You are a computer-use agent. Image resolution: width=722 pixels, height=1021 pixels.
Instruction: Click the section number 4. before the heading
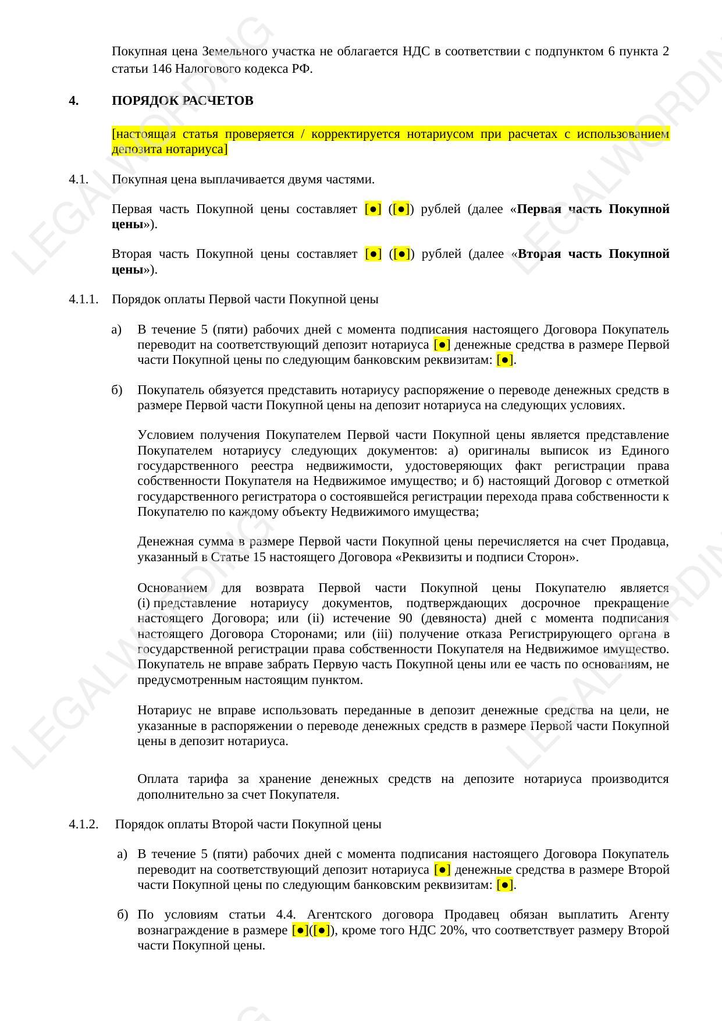(73, 101)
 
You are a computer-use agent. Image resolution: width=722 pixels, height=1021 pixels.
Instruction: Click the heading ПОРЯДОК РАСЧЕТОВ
(182, 101)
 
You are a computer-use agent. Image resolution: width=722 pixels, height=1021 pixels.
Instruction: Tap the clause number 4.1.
(79, 179)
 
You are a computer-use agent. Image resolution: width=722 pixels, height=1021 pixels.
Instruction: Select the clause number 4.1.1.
(83, 299)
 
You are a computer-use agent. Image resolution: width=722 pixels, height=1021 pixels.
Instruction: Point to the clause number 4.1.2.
(83, 824)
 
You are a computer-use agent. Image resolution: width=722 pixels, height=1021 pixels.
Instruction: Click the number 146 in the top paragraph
(162, 69)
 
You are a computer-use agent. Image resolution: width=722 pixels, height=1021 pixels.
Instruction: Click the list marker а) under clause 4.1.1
(116, 330)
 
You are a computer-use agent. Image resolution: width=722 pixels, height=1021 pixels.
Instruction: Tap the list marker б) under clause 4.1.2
(122, 914)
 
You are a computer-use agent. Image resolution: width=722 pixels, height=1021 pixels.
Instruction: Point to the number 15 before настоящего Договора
(259, 557)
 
